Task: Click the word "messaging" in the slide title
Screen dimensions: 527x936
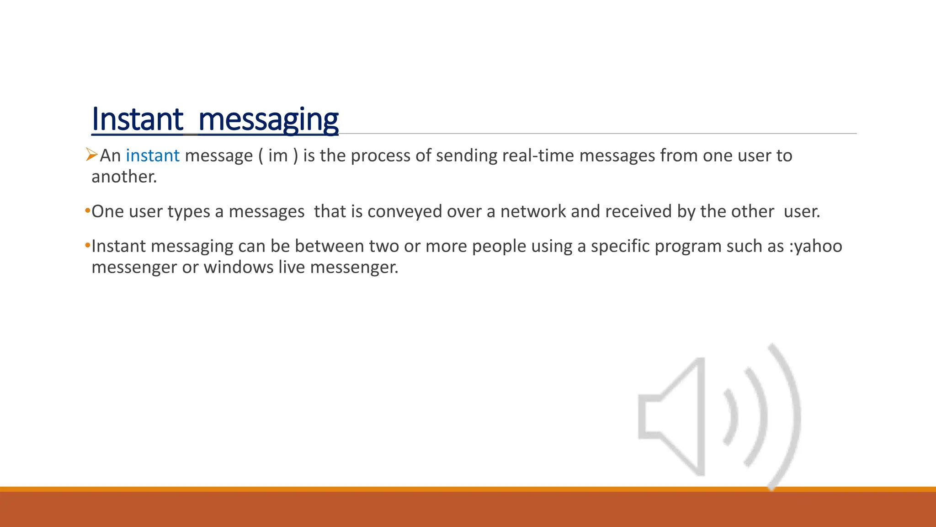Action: click(x=268, y=120)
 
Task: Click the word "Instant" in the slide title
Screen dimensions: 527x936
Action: click(x=137, y=120)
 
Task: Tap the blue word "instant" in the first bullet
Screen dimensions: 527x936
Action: click(x=153, y=156)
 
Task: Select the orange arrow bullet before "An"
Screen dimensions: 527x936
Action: click(x=92, y=155)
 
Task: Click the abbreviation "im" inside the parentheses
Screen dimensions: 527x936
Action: click(x=278, y=156)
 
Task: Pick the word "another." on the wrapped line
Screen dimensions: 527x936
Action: click(x=124, y=177)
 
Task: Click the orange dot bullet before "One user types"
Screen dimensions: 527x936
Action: click(x=87, y=211)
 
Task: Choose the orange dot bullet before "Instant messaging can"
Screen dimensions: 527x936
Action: click(x=87, y=246)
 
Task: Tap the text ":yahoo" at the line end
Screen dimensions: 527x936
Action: click(x=816, y=247)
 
